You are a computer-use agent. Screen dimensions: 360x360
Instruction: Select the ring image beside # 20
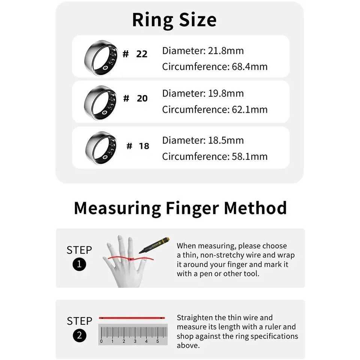100,102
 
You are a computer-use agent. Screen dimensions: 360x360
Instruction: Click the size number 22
142,54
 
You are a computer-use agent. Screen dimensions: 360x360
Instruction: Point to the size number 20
142,99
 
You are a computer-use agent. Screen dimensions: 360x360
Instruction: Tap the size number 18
144,146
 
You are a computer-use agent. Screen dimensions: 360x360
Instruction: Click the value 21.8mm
226,51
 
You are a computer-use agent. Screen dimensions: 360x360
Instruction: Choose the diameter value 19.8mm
226,93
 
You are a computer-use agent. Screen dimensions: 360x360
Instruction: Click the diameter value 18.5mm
226,140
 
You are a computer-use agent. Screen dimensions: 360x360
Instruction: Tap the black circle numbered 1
79,265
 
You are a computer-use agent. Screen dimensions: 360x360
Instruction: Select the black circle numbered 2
79,336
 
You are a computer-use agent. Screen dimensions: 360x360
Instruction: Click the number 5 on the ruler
157,341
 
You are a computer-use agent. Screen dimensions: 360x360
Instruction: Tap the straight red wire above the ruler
132,318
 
